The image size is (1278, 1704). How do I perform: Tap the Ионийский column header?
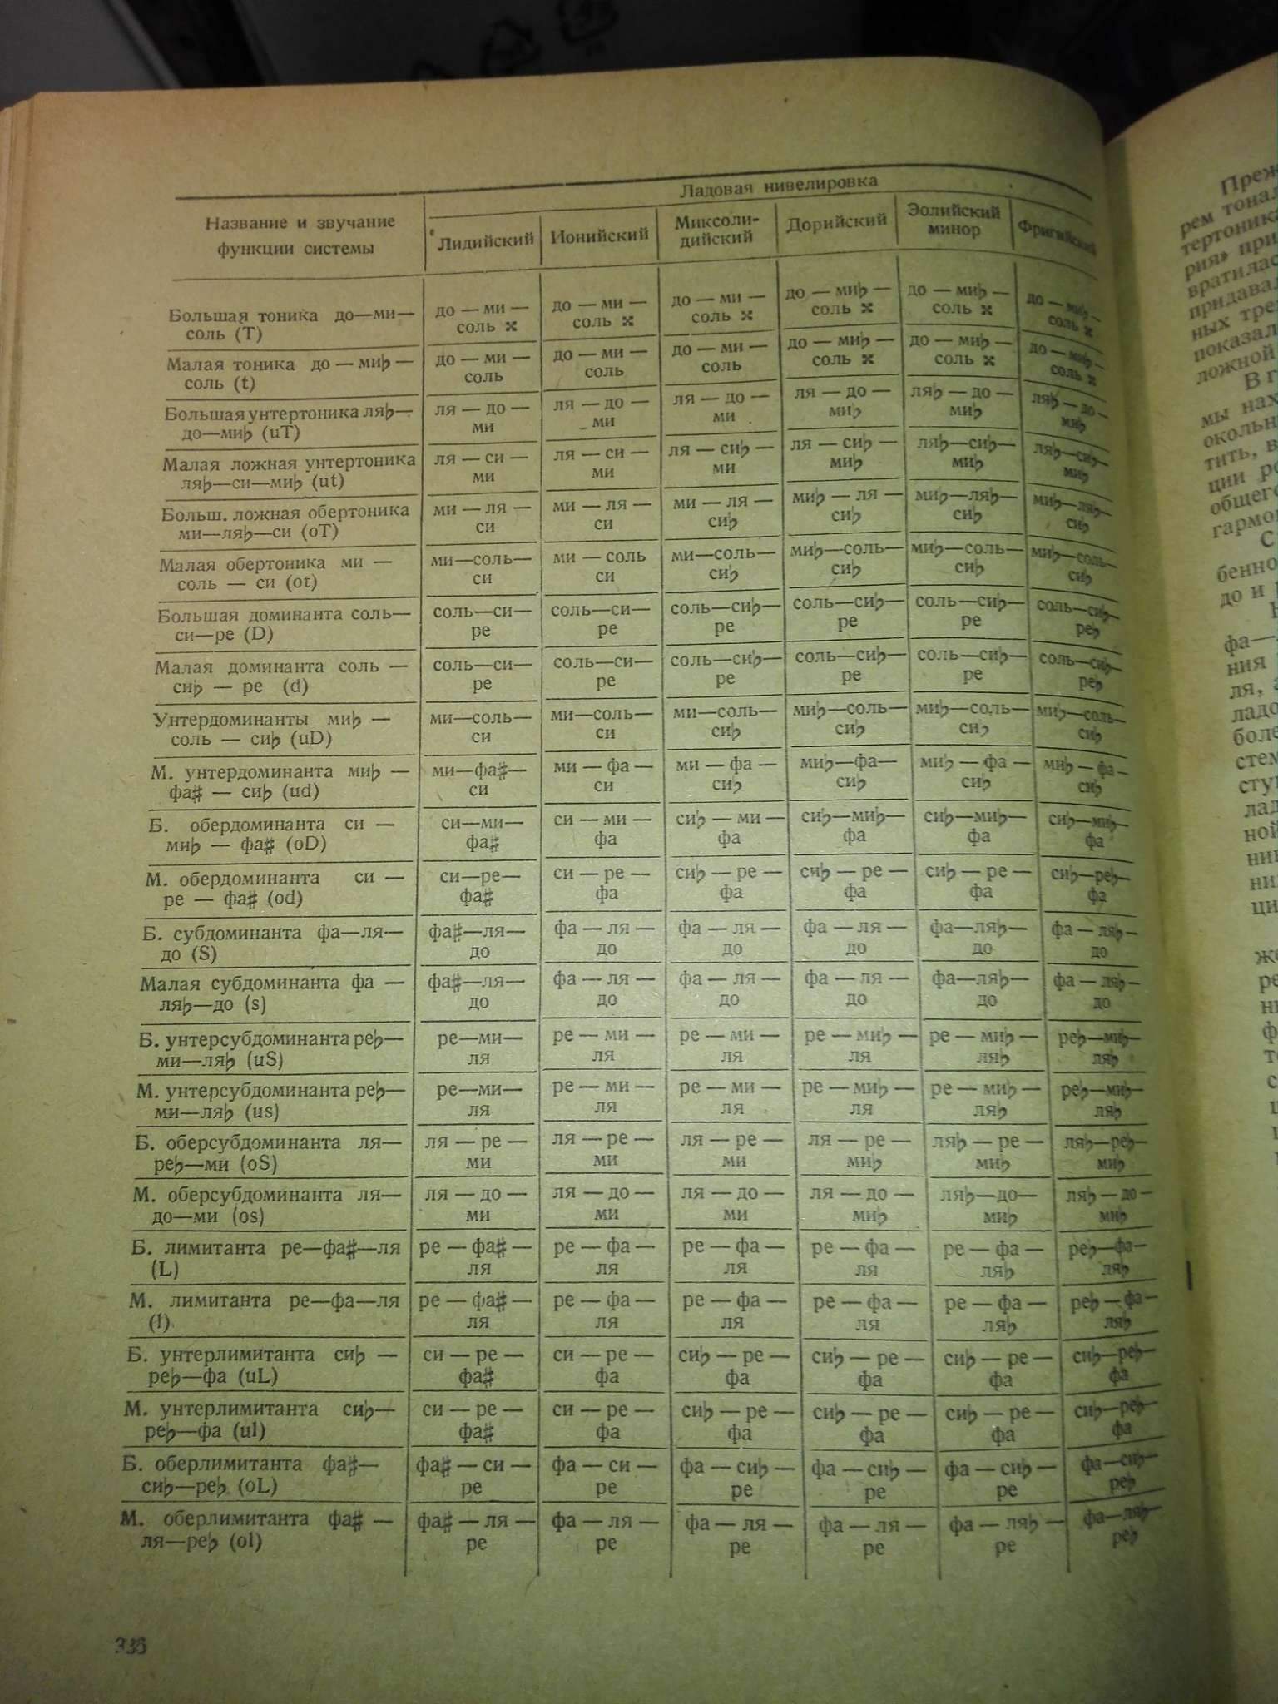(599, 235)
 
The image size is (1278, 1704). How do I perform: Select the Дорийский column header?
(836, 222)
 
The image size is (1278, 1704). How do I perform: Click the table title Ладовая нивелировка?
(778, 184)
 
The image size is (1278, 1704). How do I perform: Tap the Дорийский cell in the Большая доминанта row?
(847, 610)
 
